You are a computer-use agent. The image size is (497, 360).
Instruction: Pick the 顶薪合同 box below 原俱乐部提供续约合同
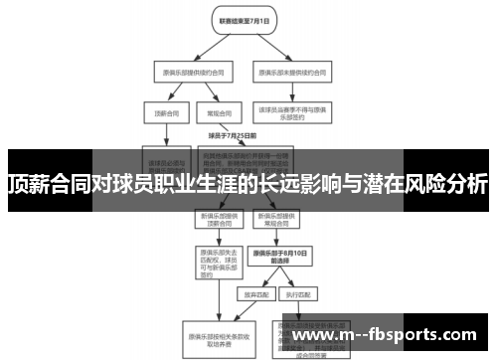(x=159, y=113)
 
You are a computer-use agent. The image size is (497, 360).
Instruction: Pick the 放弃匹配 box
(x=249, y=295)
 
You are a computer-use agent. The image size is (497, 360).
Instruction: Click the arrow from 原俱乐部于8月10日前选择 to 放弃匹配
(x=255, y=279)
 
